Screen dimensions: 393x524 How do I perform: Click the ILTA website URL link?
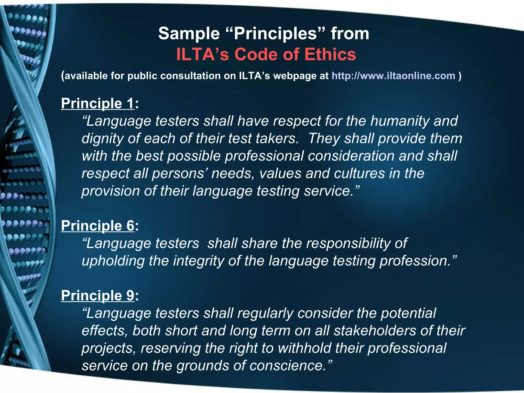[393, 76]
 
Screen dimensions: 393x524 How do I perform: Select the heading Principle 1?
[97, 103]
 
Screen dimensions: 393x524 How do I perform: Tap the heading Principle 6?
[97, 226]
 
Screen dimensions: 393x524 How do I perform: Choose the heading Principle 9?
[97, 296]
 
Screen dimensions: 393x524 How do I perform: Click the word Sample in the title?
[189, 34]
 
